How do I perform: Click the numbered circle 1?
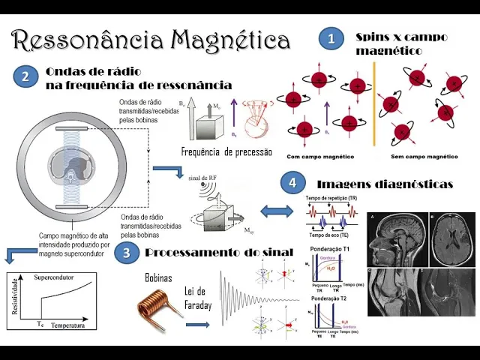tap(331, 39)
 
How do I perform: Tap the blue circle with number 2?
tap(26, 76)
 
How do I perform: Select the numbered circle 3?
tap(127, 253)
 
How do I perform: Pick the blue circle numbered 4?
tap(292, 182)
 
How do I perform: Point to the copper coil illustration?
tap(160, 308)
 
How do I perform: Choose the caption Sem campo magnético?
tap(426, 157)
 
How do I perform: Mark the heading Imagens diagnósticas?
tap(384, 184)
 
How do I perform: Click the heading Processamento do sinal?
tap(218, 253)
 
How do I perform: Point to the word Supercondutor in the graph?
tap(55, 277)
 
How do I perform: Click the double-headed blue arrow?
tap(274, 210)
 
